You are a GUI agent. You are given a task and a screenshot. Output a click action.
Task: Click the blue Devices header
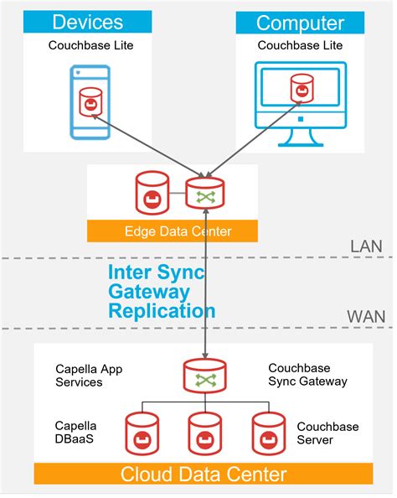pyautogui.click(x=88, y=22)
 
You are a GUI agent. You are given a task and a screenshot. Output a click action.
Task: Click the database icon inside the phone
pyautogui.click(x=89, y=101)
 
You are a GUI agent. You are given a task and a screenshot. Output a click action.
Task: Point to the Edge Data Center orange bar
pyautogui.click(x=173, y=231)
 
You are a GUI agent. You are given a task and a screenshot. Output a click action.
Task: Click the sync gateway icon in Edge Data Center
pyautogui.click(x=204, y=194)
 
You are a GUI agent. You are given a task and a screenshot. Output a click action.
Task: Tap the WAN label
pyautogui.click(x=365, y=318)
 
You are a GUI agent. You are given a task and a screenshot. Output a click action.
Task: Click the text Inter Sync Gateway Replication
pyautogui.click(x=161, y=292)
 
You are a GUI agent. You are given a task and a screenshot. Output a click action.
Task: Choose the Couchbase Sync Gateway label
pyautogui.click(x=307, y=375)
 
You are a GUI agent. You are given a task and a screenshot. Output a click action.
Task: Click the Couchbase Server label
pyautogui.click(x=326, y=433)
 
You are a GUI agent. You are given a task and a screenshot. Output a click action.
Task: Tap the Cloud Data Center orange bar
pyautogui.click(x=204, y=474)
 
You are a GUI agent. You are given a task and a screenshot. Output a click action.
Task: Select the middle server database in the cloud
pyautogui.click(x=204, y=433)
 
